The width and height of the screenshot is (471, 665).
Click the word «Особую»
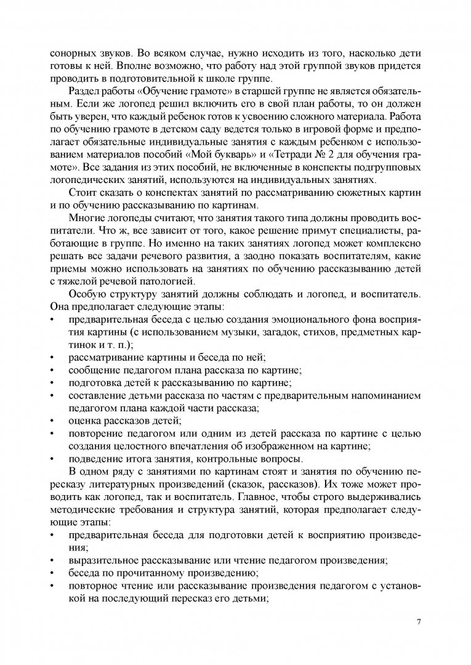click(x=89, y=293)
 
